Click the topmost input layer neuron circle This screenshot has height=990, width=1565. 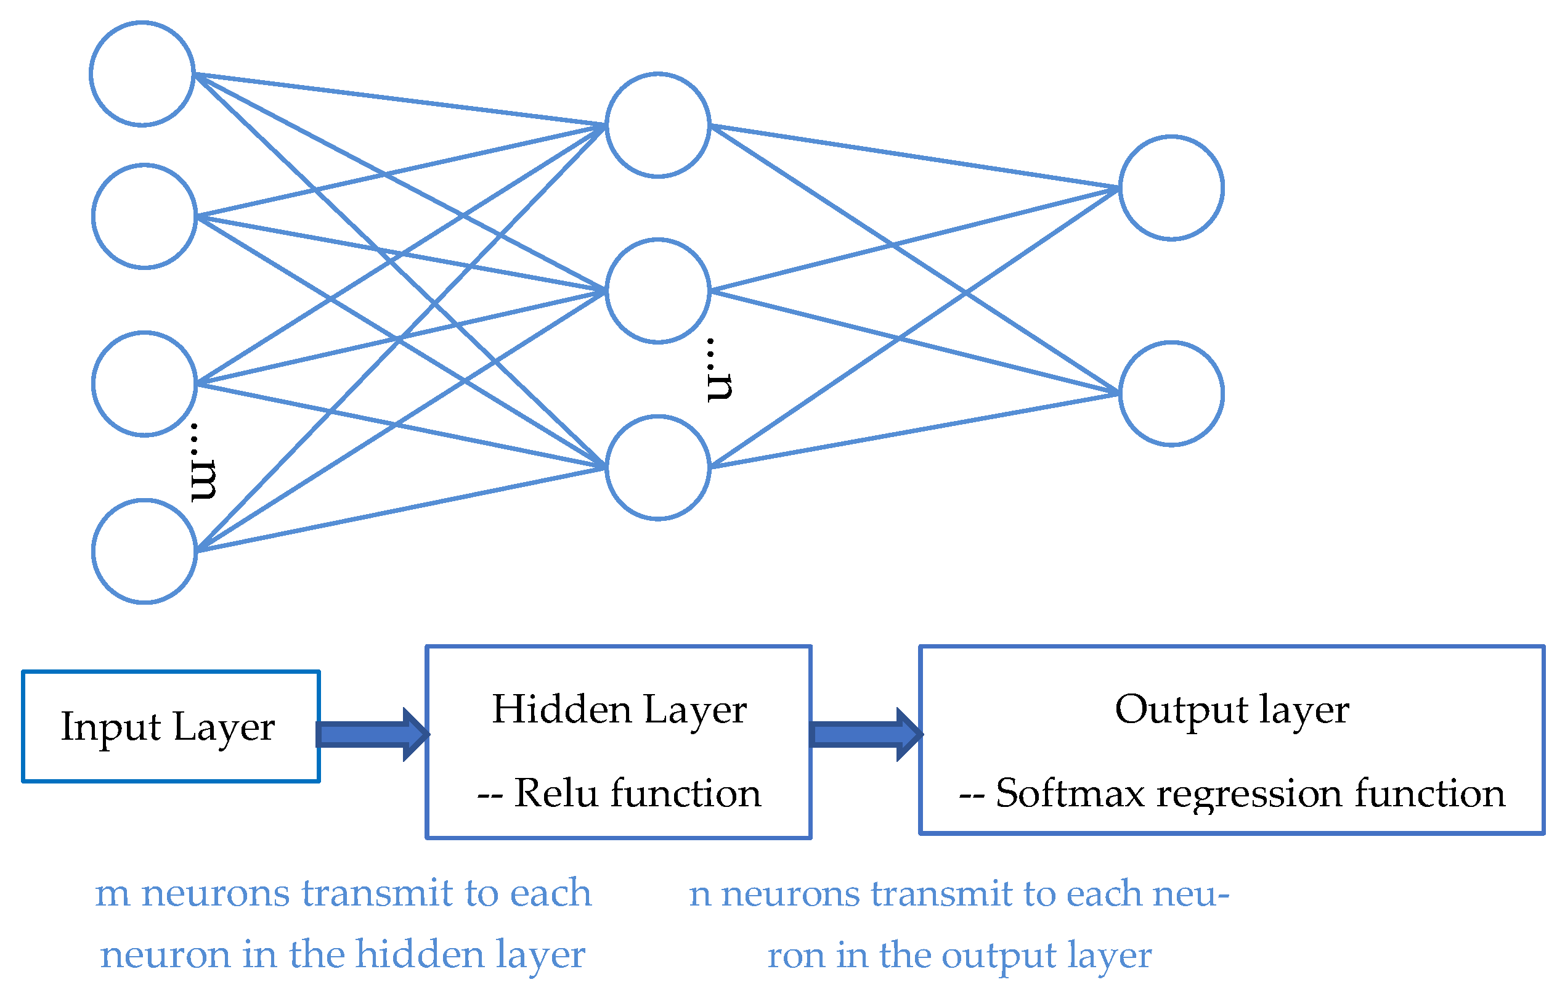[x=142, y=73]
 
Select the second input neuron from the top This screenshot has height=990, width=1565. [x=144, y=216]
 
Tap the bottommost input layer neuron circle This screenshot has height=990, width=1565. [x=144, y=551]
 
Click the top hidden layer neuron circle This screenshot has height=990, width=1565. [x=657, y=125]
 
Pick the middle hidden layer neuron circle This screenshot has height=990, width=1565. [x=657, y=290]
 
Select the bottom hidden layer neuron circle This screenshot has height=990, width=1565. [x=657, y=467]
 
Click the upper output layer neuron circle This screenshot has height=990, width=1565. [x=1171, y=188]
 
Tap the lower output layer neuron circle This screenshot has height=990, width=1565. [x=1171, y=393]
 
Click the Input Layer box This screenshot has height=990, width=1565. [x=170, y=726]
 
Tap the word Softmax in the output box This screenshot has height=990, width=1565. [x=1070, y=793]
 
